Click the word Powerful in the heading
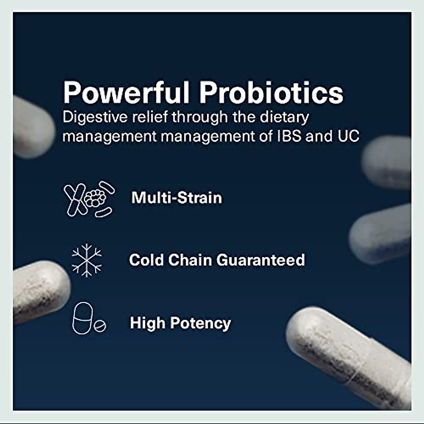(x=126, y=93)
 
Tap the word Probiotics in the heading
(x=271, y=93)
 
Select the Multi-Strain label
(x=177, y=198)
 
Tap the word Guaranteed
(x=260, y=260)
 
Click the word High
(x=147, y=323)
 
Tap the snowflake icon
(x=87, y=260)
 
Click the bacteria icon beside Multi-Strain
(x=89, y=199)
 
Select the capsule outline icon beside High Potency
(x=83, y=318)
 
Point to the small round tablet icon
(x=100, y=326)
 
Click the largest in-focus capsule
(x=350, y=357)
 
